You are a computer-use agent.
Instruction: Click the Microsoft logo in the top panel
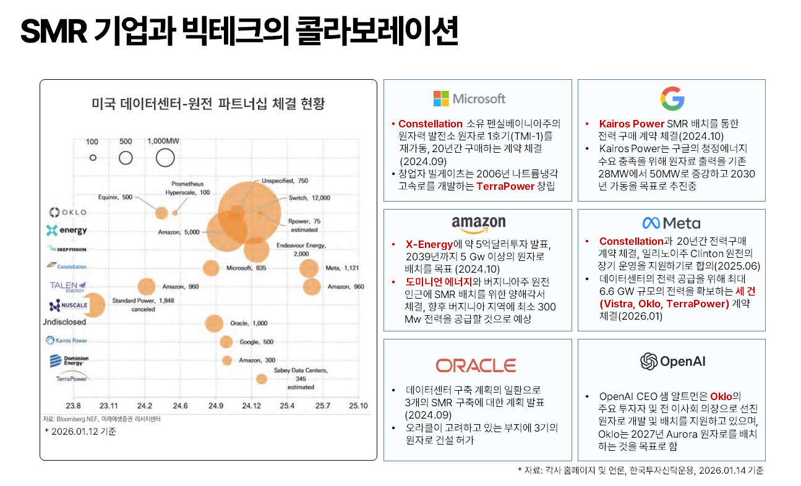point(469,98)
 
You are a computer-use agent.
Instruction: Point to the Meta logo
point(671,223)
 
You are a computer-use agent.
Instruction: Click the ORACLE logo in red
point(476,365)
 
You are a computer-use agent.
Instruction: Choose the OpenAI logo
point(672,361)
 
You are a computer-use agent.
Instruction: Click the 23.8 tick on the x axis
point(73,406)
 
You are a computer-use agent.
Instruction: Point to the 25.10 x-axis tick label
point(358,406)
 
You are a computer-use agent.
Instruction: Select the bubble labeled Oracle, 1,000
point(214,323)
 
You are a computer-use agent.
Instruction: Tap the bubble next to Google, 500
point(226,342)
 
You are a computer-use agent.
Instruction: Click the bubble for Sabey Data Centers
point(262,378)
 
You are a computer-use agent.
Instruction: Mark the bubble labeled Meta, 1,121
point(309,268)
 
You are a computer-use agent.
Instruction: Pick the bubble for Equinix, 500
point(161,213)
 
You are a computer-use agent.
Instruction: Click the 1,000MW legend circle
point(165,158)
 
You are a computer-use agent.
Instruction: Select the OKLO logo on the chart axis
point(67,212)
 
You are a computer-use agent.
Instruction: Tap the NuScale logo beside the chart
point(67,305)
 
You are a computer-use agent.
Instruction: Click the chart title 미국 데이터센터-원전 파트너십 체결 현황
point(208,103)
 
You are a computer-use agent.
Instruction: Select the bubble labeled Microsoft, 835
point(212,268)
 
